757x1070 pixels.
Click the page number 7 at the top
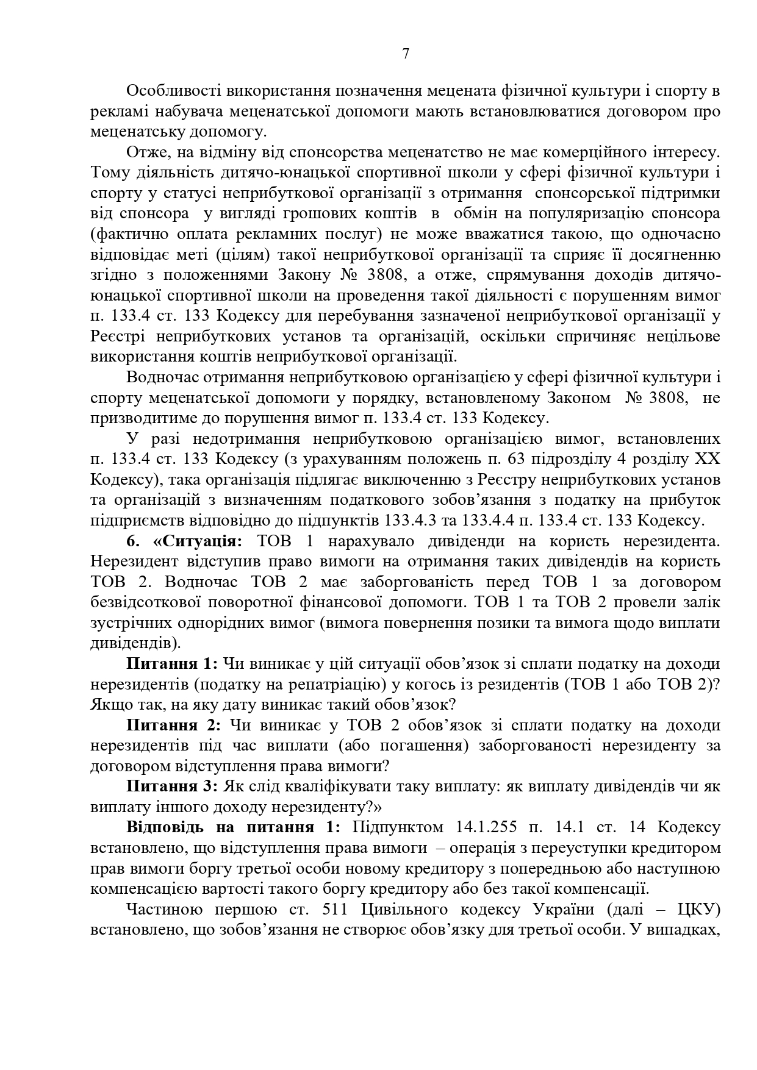tap(406, 54)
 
